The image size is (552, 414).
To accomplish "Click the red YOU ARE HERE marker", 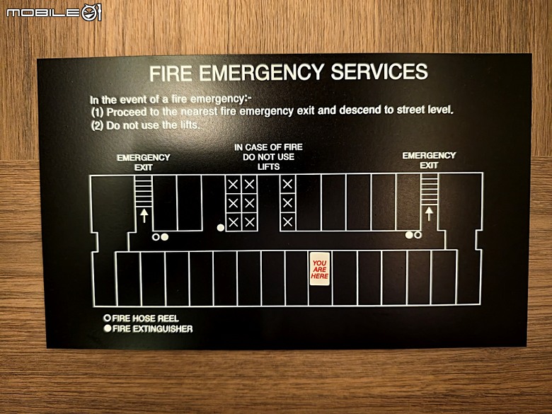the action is click(x=320, y=269).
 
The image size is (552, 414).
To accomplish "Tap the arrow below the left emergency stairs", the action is click(x=144, y=215).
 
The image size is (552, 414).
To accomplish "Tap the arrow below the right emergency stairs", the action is click(x=429, y=214).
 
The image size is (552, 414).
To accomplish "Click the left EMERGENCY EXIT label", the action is click(x=144, y=162).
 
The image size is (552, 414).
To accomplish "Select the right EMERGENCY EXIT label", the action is click(x=429, y=160).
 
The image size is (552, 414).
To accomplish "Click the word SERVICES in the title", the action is click(x=379, y=71).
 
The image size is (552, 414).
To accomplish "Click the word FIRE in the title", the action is click(x=171, y=74).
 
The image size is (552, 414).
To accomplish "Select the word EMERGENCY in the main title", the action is click(x=262, y=72).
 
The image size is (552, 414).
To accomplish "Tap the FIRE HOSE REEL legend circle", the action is click(x=108, y=318).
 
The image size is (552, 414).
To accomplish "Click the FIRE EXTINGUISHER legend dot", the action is click(x=108, y=328).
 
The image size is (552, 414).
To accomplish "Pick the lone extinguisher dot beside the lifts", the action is click(x=221, y=228).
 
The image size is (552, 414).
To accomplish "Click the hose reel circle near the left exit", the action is click(x=156, y=237).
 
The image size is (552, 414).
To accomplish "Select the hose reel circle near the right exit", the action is click(x=418, y=235).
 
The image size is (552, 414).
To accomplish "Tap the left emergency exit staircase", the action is click(x=144, y=191).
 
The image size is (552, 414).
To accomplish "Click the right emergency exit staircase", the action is click(x=429, y=190).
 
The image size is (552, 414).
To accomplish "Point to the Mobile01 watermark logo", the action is click(x=54, y=13).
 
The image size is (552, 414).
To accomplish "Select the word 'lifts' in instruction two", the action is click(x=190, y=125).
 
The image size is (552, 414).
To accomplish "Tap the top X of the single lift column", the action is click(x=287, y=184).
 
